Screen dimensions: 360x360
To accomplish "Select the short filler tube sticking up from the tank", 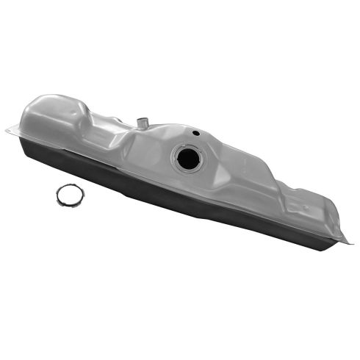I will [x=142, y=120].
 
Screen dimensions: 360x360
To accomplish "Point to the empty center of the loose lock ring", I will [x=70, y=195].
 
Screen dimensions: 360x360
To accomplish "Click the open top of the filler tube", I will [x=142, y=115].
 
